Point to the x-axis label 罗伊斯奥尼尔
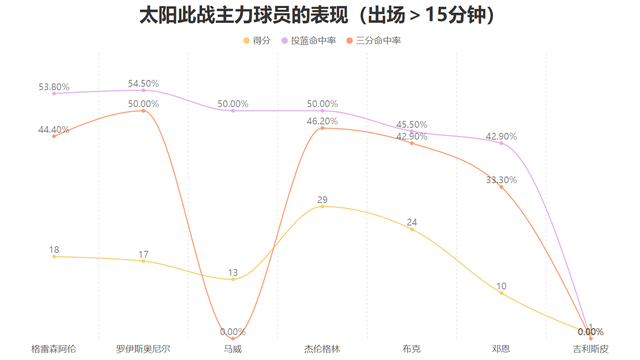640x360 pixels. tap(143, 349)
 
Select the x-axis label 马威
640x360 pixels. tap(233, 349)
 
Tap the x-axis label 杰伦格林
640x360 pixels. tap(322, 349)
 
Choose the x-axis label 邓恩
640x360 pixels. tap(501, 349)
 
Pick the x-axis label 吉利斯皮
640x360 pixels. tap(590, 349)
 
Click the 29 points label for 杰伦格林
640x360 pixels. tap(322, 200)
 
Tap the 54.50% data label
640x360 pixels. tap(143, 83)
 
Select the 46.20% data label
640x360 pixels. tap(322, 121)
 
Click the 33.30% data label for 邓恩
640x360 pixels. tap(501, 180)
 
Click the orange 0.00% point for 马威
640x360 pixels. tap(233, 338)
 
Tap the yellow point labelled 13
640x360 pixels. tap(233, 279)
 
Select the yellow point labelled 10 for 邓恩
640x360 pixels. tap(501, 293)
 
